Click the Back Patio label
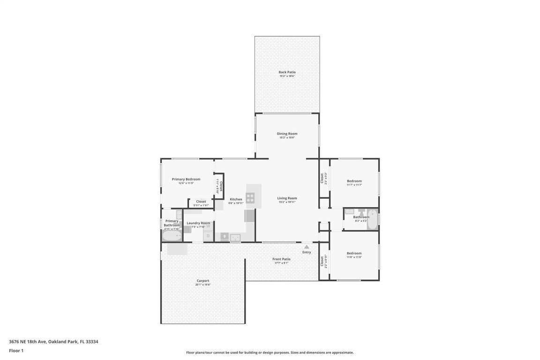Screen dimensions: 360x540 [x=287, y=72]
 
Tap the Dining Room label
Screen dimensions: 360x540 [x=287, y=134]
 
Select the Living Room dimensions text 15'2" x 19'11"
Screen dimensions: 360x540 [x=287, y=202]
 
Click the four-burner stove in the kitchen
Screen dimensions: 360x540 [x=250, y=197]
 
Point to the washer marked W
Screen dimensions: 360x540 [x=208, y=226]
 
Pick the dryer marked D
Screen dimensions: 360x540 [x=207, y=235]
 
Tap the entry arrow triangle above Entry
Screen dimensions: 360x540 [x=307, y=247]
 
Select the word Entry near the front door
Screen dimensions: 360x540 [x=307, y=252]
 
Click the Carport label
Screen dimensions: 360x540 [x=203, y=281]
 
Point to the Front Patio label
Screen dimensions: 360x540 [x=281, y=259]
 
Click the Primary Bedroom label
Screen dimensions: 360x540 [x=186, y=179]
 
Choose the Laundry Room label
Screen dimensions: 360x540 [x=198, y=223]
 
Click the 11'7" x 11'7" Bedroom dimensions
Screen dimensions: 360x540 [x=354, y=185]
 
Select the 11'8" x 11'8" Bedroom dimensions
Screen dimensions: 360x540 [x=354, y=257]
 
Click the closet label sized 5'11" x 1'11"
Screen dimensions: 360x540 [x=201, y=205]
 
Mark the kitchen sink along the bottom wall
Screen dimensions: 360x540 [x=235, y=237]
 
